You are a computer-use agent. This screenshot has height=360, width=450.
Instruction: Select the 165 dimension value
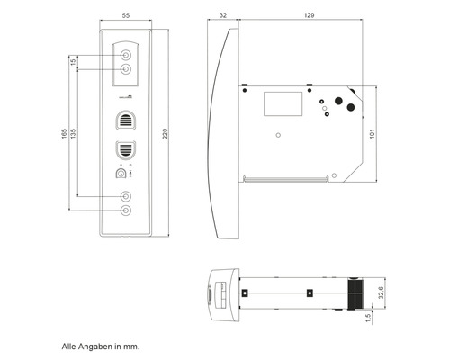point(62,135)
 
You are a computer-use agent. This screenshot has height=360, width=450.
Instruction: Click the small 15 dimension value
point(73,62)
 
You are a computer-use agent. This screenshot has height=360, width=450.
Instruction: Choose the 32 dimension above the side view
point(222,16)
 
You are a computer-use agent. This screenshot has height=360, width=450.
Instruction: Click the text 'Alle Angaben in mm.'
point(101,346)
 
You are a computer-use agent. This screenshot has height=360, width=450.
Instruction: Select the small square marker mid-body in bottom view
point(308,292)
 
